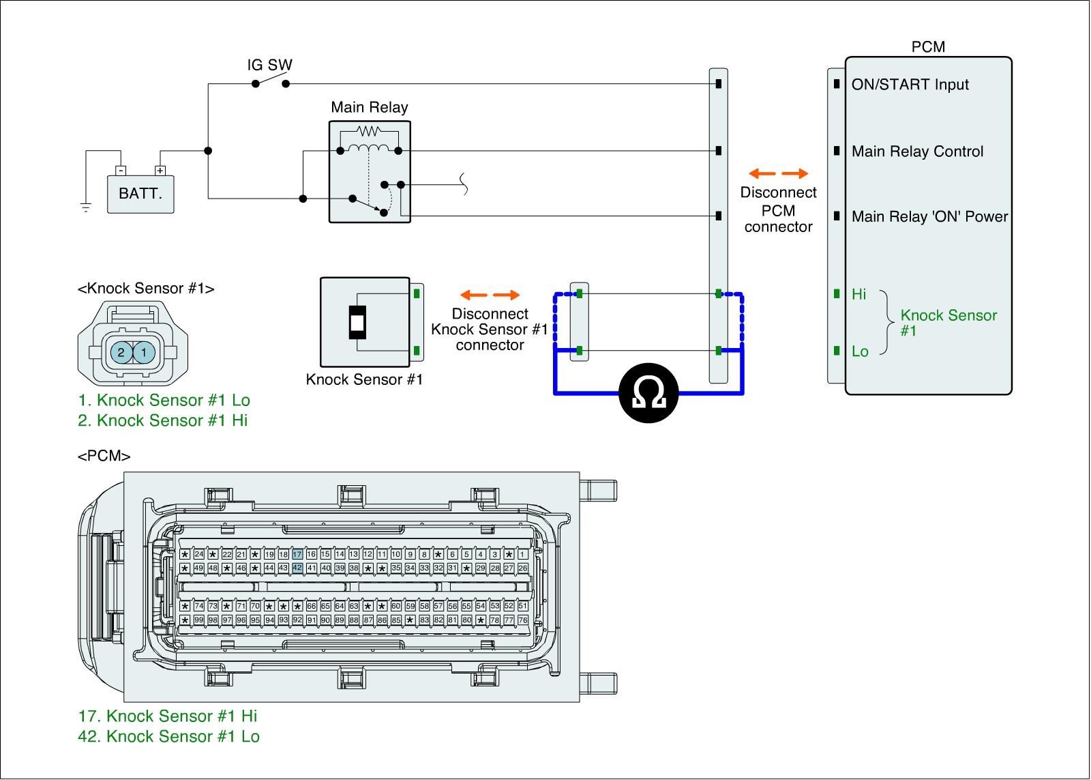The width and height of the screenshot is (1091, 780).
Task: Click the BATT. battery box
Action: [140, 194]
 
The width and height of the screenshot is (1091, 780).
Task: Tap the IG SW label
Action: [269, 66]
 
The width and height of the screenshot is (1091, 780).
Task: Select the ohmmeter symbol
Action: [650, 394]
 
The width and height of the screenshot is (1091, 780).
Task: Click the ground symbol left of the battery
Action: [86, 207]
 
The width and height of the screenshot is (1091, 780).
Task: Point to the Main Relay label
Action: [369, 107]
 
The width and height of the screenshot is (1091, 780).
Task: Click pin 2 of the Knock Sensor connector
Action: [121, 353]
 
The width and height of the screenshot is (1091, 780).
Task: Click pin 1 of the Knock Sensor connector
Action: [144, 353]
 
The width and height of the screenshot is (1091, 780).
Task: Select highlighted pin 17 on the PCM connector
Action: [297, 554]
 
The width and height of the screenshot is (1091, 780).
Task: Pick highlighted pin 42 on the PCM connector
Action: [297, 568]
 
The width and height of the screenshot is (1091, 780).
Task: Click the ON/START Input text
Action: [910, 85]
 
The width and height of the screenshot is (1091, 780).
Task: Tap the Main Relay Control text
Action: [917, 151]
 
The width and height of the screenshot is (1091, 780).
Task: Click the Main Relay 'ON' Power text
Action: [929, 217]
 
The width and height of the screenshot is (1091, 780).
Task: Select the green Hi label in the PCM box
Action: [859, 295]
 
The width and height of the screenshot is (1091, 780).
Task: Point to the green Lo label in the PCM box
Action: [860, 352]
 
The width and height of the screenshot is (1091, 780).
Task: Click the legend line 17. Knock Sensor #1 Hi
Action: [168, 716]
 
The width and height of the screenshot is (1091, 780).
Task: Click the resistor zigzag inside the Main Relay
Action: [369, 130]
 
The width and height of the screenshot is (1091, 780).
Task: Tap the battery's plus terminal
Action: [160, 171]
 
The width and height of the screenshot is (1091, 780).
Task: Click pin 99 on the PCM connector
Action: [199, 620]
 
